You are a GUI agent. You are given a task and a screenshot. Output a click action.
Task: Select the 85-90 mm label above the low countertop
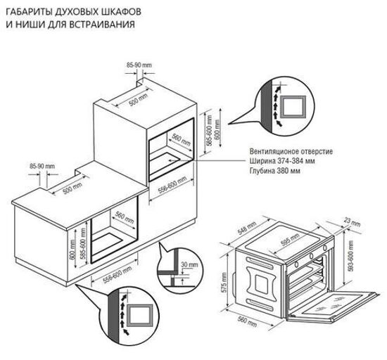42,166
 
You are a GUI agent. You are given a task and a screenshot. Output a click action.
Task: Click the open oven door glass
338,304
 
